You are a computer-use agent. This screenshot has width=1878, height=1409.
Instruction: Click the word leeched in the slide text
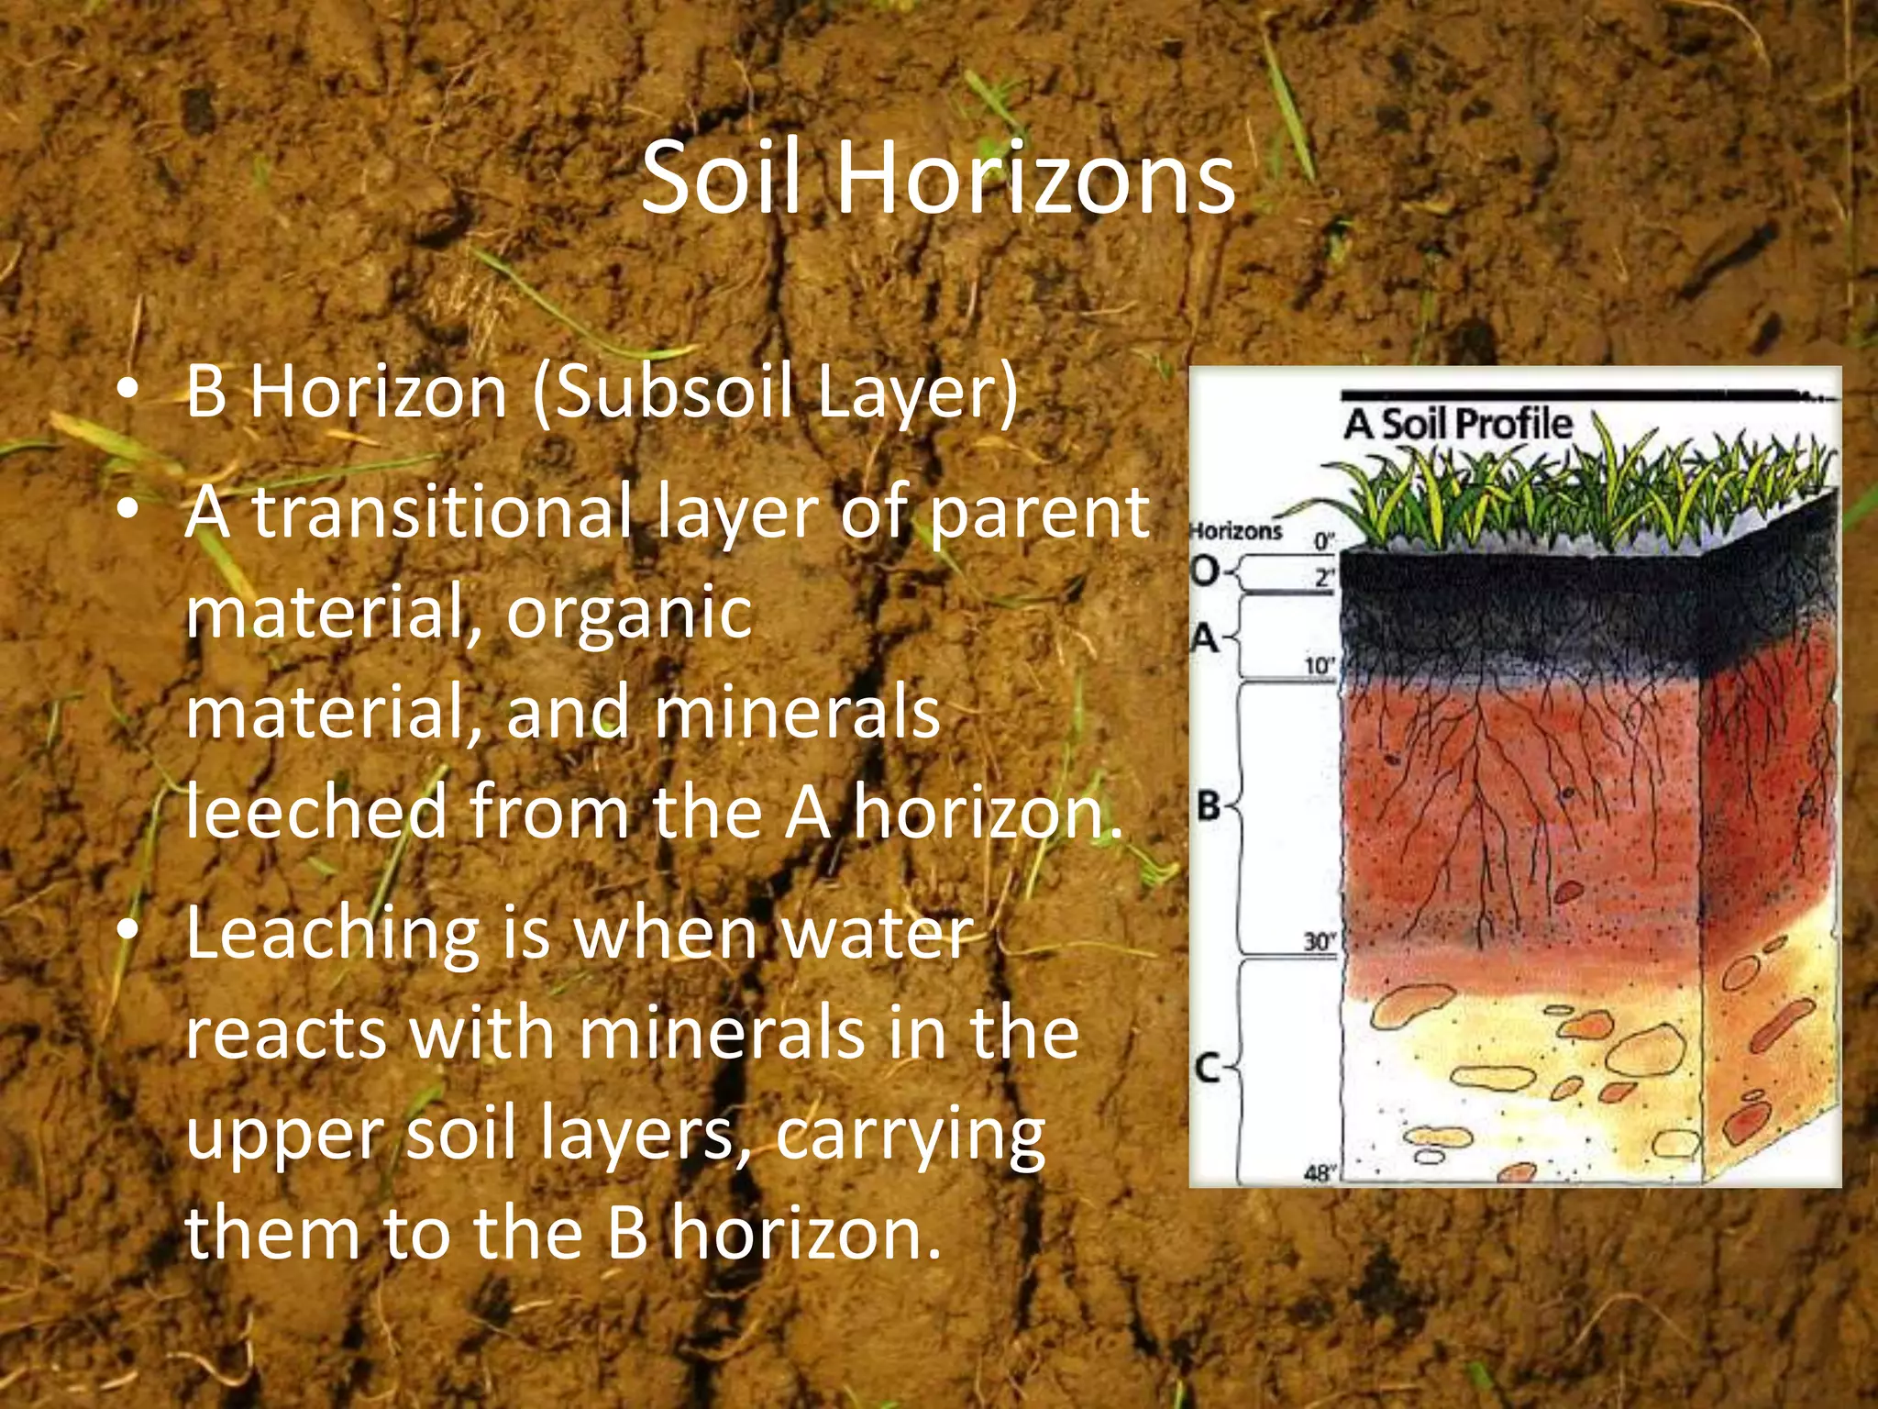click(316, 812)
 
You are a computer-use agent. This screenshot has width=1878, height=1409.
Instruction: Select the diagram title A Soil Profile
click(1458, 425)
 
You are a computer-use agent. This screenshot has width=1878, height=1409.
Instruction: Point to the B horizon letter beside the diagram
click(1210, 806)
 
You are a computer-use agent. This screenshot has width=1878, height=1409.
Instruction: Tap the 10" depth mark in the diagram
click(1318, 666)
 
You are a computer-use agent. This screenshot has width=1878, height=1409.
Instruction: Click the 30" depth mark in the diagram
click(1320, 942)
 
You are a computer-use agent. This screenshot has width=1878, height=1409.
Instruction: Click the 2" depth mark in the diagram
click(1323, 578)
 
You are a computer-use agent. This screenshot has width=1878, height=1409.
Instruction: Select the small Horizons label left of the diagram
click(1235, 531)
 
